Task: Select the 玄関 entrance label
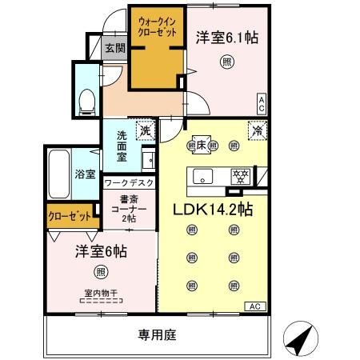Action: point(114,50)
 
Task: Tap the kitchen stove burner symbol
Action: point(238,175)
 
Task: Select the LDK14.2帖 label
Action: point(214,210)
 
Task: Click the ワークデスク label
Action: point(129,184)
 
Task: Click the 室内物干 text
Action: point(100,292)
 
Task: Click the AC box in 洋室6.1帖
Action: point(261,101)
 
